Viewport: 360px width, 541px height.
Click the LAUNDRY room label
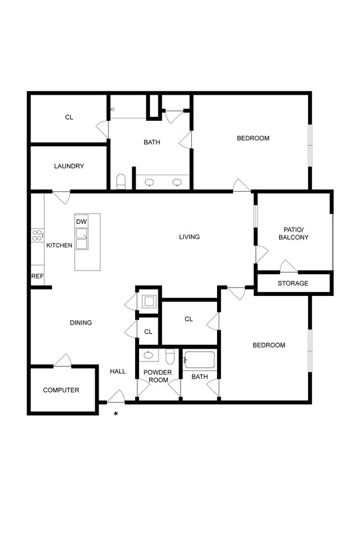[x=69, y=166]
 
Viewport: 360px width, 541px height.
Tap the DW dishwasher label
[x=81, y=222]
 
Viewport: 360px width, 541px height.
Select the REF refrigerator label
[x=37, y=276]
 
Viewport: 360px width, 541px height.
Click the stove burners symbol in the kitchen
[x=38, y=236]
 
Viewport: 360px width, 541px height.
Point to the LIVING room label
[x=189, y=237]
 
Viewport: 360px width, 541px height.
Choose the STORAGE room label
[x=293, y=283]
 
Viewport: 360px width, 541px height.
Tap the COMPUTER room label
[x=61, y=390]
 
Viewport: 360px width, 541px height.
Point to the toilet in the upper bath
[x=121, y=181]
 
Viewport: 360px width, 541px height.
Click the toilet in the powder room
[x=171, y=355]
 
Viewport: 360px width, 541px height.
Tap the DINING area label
[x=81, y=323]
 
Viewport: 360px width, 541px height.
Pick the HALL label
[x=117, y=371]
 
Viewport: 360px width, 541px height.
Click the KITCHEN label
[x=59, y=245]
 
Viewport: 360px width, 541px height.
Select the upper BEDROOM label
[x=253, y=138]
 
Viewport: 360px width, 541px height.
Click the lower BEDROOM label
[x=269, y=345]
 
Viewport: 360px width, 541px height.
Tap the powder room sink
[x=148, y=355]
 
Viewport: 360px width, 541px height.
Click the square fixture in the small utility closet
[x=148, y=302]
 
